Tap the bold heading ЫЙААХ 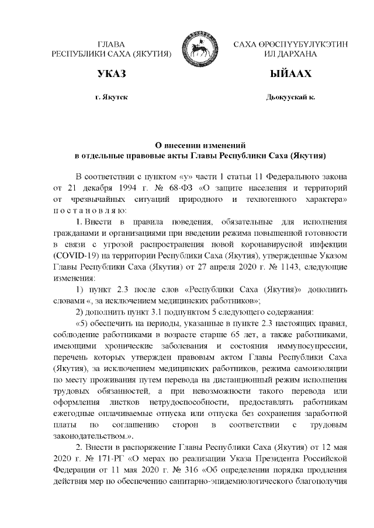(290, 75)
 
